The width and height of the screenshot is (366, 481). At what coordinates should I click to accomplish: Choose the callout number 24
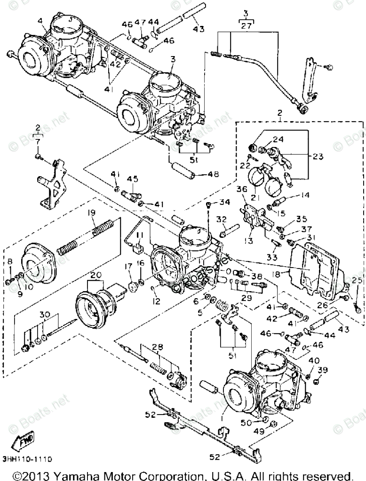(278, 139)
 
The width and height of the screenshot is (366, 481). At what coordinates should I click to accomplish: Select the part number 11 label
(139, 235)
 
